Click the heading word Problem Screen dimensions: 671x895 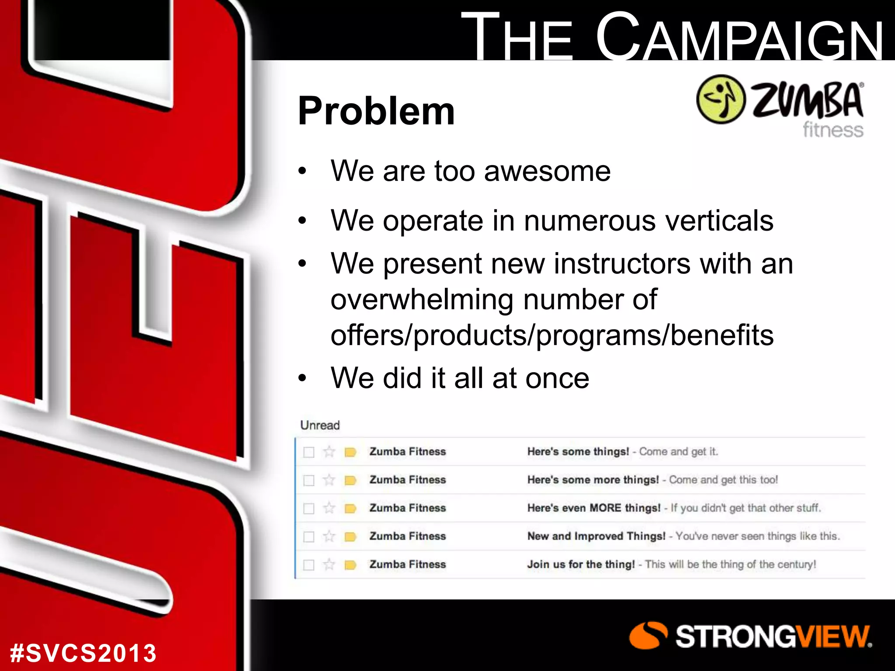coord(376,112)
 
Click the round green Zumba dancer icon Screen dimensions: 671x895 coord(720,99)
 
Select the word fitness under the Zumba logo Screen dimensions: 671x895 coord(833,130)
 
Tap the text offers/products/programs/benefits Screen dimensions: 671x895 coord(552,335)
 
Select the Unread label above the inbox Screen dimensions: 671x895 coord(320,425)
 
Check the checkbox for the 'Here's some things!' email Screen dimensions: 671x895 coord(309,452)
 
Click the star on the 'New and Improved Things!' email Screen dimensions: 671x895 coord(329,536)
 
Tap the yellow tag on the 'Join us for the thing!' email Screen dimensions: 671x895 coord(350,565)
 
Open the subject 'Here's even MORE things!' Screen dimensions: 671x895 coord(593,508)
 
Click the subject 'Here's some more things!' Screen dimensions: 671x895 coord(593,480)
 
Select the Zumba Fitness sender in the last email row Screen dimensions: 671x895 coord(407,564)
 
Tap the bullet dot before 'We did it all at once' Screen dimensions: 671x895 coord(302,378)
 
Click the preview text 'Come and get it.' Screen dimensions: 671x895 coord(678,452)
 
